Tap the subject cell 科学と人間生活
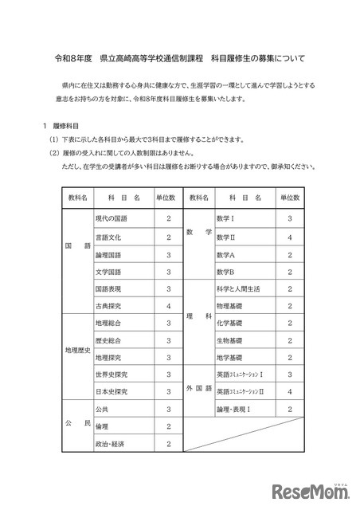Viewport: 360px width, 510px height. [232, 288]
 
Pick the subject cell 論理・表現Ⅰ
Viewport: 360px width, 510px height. [232, 409]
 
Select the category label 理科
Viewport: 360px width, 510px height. [198, 315]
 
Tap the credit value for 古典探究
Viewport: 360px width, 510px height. [169, 305]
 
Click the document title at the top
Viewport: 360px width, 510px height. [179, 59]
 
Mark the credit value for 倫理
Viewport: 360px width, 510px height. [169, 426]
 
